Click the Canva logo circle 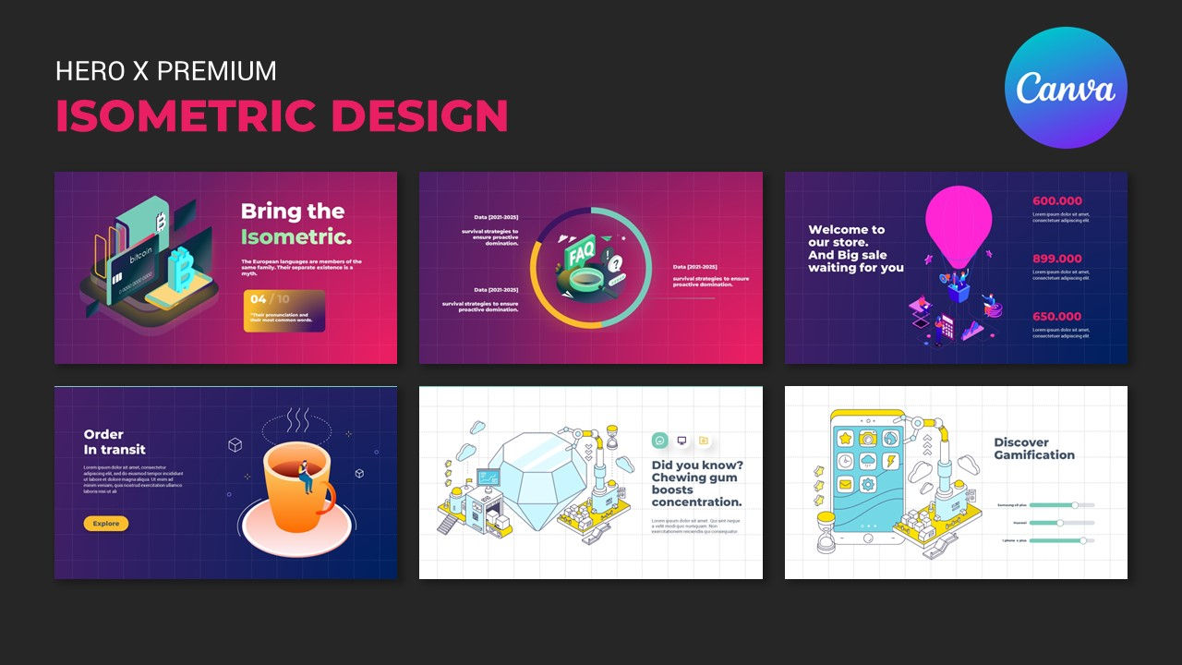tap(1066, 88)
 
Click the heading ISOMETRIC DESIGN tap(282, 116)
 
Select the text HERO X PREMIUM tap(165, 71)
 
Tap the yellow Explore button tap(106, 524)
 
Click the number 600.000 tap(1057, 201)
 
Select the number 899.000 tap(1057, 259)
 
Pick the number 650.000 tap(1057, 317)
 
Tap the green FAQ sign tap(581, 251)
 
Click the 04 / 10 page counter tap(270, 299)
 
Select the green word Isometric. tap(295, 237)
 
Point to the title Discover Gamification tap(1034, 448)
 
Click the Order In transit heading tap(115, 441)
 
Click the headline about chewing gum tap(696, 483)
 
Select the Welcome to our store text tap(855, 248)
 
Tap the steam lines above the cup tap(296, 421)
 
